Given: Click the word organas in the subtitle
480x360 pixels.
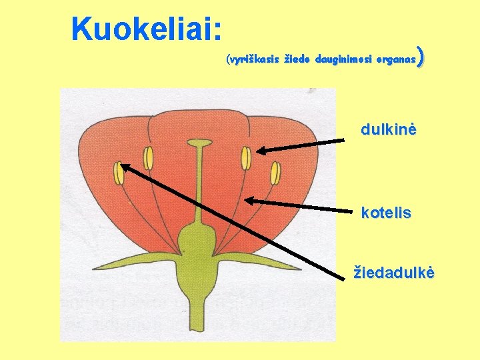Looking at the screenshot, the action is [x=396, y=60].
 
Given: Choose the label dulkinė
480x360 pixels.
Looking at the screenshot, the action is [x=389, y=129].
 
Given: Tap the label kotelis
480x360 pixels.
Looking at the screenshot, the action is [x=386, y=214].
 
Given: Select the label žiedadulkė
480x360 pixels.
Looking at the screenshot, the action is [x=394, y=273].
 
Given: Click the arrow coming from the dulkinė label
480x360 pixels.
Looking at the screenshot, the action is [x=303, y=145].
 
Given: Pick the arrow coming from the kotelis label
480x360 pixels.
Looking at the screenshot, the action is [x=300, y=206].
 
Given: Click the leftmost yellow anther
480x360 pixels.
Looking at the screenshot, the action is [x=119, y=173].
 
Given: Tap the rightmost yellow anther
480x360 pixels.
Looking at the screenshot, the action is [x=275, y=173].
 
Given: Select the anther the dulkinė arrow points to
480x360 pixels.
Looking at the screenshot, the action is [x=246, y=158].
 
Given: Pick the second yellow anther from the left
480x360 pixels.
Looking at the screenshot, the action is [x=149, y=158].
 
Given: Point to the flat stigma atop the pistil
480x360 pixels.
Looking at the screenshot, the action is [x=199, y=142].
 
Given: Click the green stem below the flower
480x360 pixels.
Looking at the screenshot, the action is [x=199, y=313].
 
